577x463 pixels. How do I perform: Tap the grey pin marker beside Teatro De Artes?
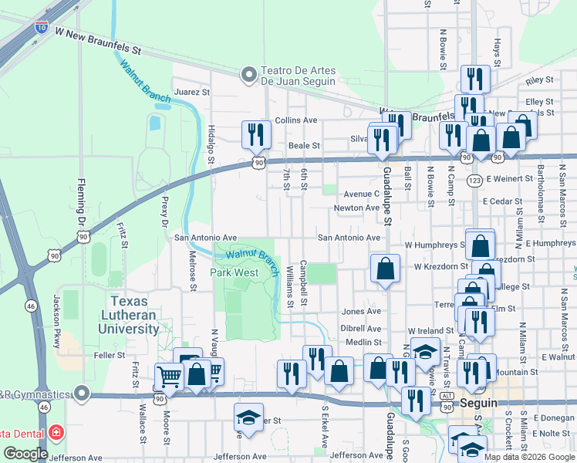click(x=248, y=75)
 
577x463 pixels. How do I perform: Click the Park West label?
click(x=235, y=273)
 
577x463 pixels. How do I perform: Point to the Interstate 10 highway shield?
click(x=40, y=29)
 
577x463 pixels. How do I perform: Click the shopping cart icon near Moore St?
click(x=167, y=377)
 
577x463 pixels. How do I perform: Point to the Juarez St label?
click(x=192, y=92)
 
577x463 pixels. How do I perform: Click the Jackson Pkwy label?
click(x=56, y=314)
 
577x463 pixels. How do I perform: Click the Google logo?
click(x=25, y=454)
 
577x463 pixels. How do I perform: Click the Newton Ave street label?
click(x=356, y=208)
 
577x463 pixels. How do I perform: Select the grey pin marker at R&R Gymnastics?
click(x=82, y=394)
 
